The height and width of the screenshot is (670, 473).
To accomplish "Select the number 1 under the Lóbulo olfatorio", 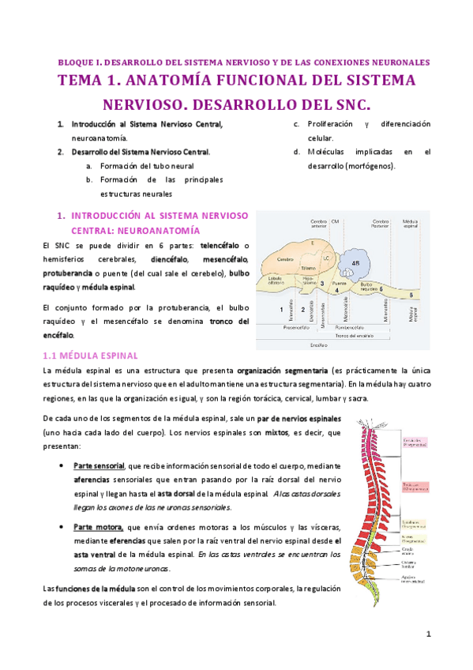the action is point(282,311).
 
